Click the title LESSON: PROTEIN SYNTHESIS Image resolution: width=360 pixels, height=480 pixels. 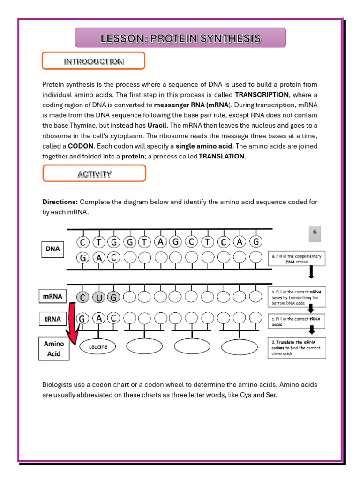pos(180,38)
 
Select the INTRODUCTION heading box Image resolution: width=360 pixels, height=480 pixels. pos(94,61)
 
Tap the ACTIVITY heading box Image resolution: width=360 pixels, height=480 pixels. pos(94,174)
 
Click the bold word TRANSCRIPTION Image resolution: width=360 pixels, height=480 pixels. pos(262,94)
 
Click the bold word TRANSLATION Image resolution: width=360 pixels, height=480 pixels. pos(222,156)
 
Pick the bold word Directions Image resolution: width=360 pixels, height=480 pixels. pos(60,202)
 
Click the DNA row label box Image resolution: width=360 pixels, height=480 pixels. pos(53,249)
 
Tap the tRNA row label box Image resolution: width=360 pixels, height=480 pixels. pos(53,319)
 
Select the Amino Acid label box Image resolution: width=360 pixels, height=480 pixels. pos(54,349)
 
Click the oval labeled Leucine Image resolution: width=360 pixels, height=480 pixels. pos(97,347)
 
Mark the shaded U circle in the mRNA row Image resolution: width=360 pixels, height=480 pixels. pos(98,297)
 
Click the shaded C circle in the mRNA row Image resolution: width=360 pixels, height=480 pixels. pos(83,297)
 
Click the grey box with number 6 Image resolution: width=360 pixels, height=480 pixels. pos(315,233)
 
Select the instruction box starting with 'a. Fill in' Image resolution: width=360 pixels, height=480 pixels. pos(297,259)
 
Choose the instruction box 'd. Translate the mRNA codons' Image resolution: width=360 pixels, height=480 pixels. pos(297,348)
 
